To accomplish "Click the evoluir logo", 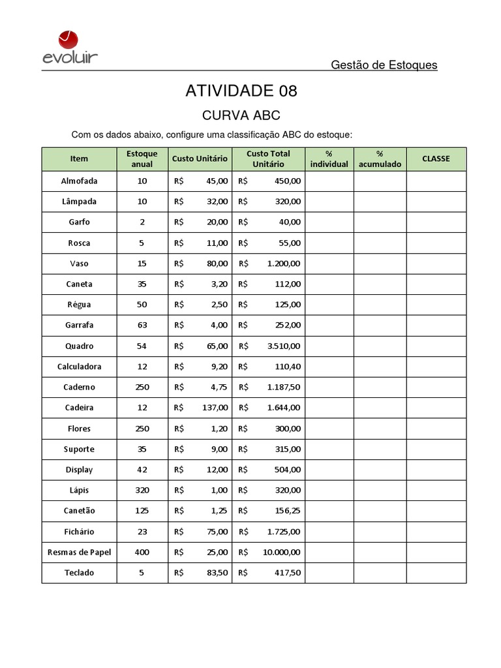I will [x=70, y=50].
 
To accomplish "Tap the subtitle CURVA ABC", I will [x=241, y=115].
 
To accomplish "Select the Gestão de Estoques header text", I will [x=384, y=65].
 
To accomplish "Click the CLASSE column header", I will [x=436, y=159].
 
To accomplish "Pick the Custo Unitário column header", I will [x=200, y=159].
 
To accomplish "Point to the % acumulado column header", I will [x=380, y=159].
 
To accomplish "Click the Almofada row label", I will [x=79, y=181].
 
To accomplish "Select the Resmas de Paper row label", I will [x=79, y=552].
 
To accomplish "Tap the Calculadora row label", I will [x=79, y=367].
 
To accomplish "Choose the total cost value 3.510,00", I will [x=284, y=346].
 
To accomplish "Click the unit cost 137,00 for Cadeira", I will [x=215, y=408].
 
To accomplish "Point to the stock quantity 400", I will [x=142, y=552].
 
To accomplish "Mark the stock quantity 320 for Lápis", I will [x=142, y=491].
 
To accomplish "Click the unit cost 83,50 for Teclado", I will [x=217, y=573].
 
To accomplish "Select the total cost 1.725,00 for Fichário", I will [x=284, y=532].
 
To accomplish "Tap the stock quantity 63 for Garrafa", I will [x=142, y=325].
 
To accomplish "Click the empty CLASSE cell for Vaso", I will [x=436, y=264].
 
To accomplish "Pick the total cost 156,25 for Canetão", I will [x=287, y=511].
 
